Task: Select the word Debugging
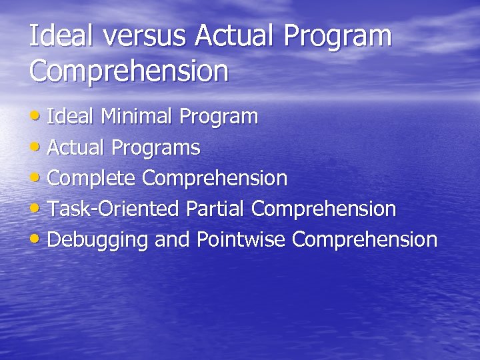pos(98,240)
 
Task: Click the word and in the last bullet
pos(172,239)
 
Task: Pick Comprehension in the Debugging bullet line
pos(365,240)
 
